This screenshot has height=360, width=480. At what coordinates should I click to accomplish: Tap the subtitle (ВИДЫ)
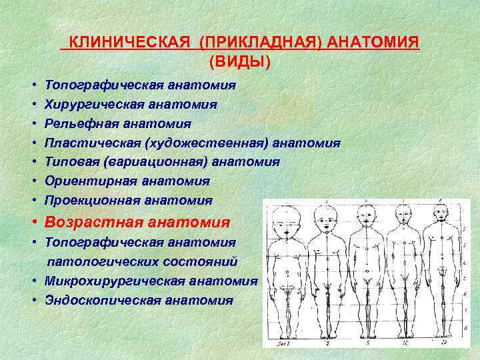tap(240, 62)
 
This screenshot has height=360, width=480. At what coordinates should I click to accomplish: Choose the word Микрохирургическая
tap(110, 281)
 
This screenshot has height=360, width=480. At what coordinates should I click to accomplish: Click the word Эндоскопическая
tap(98, 300)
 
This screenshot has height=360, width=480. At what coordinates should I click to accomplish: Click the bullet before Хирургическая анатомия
tap(33, 105)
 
